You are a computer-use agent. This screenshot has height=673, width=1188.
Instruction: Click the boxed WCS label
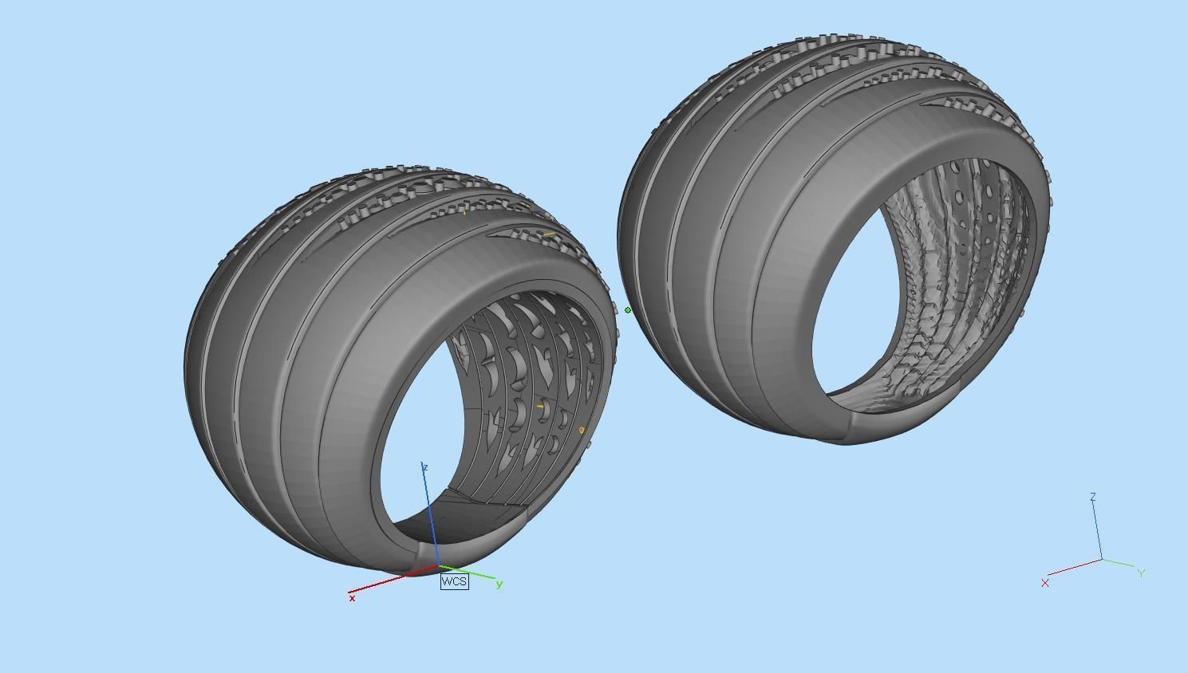(454, 581)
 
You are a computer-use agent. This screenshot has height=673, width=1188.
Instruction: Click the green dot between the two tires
(628, 310)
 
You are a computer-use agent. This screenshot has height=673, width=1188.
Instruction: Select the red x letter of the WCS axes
(352, 598)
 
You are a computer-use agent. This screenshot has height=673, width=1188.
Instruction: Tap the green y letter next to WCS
(499, 584)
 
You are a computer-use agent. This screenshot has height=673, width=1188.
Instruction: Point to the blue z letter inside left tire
(425, 467)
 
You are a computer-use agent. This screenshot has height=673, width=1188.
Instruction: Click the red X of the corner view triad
(1045, 583)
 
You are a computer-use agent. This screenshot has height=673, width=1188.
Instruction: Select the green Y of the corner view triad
(1142, 573)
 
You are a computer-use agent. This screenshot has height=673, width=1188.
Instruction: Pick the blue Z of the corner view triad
(1093, 497)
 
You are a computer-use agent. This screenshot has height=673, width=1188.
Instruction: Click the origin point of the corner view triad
(1102, 560)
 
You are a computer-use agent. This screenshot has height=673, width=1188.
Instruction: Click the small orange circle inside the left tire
(582, 431)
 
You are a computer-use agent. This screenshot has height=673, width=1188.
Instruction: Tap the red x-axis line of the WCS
(391, 581)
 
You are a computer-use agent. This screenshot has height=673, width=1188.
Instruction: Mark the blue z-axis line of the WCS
(431, 518)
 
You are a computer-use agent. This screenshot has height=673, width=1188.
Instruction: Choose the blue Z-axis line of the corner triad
(1097, 530)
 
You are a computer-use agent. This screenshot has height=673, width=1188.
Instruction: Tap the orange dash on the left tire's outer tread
(548, 234)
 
